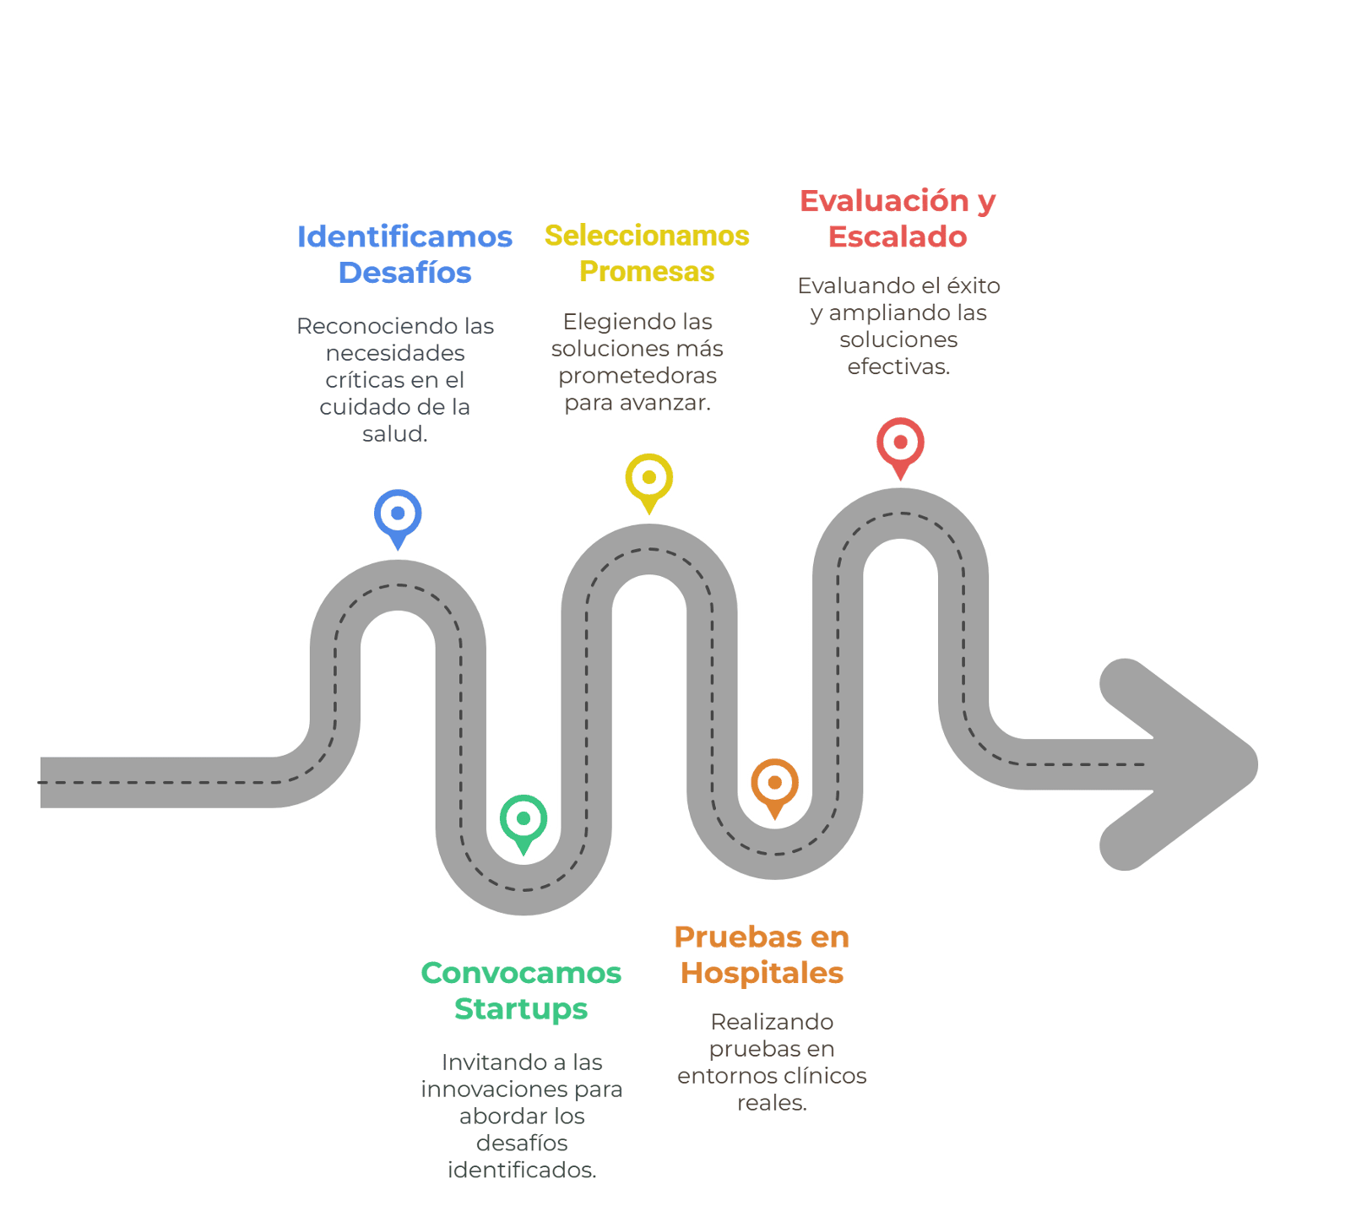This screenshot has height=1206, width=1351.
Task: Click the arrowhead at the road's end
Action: click(1179, 764)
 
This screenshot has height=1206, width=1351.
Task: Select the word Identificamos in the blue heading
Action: click(404, 236)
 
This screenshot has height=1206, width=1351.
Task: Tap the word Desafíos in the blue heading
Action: click(404, 273)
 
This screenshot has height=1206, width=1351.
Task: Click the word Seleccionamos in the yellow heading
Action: click(647, 236)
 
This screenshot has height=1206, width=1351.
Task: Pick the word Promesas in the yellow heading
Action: click(647, 272)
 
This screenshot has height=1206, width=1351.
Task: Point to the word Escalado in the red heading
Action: click(898, 237)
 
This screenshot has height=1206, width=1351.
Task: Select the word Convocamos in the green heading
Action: click(521, 973)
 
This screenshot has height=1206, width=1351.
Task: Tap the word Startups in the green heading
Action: click(521, 1010)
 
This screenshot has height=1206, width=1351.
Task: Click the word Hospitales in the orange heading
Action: click(762, 974)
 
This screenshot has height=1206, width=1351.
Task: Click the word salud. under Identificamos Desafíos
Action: click(395, 434)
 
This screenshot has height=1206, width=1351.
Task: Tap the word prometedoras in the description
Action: click(638, 377)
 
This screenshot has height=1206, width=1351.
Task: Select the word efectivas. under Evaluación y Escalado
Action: click(898, 367)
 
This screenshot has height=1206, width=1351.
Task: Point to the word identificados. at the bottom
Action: click(522, 1171)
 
